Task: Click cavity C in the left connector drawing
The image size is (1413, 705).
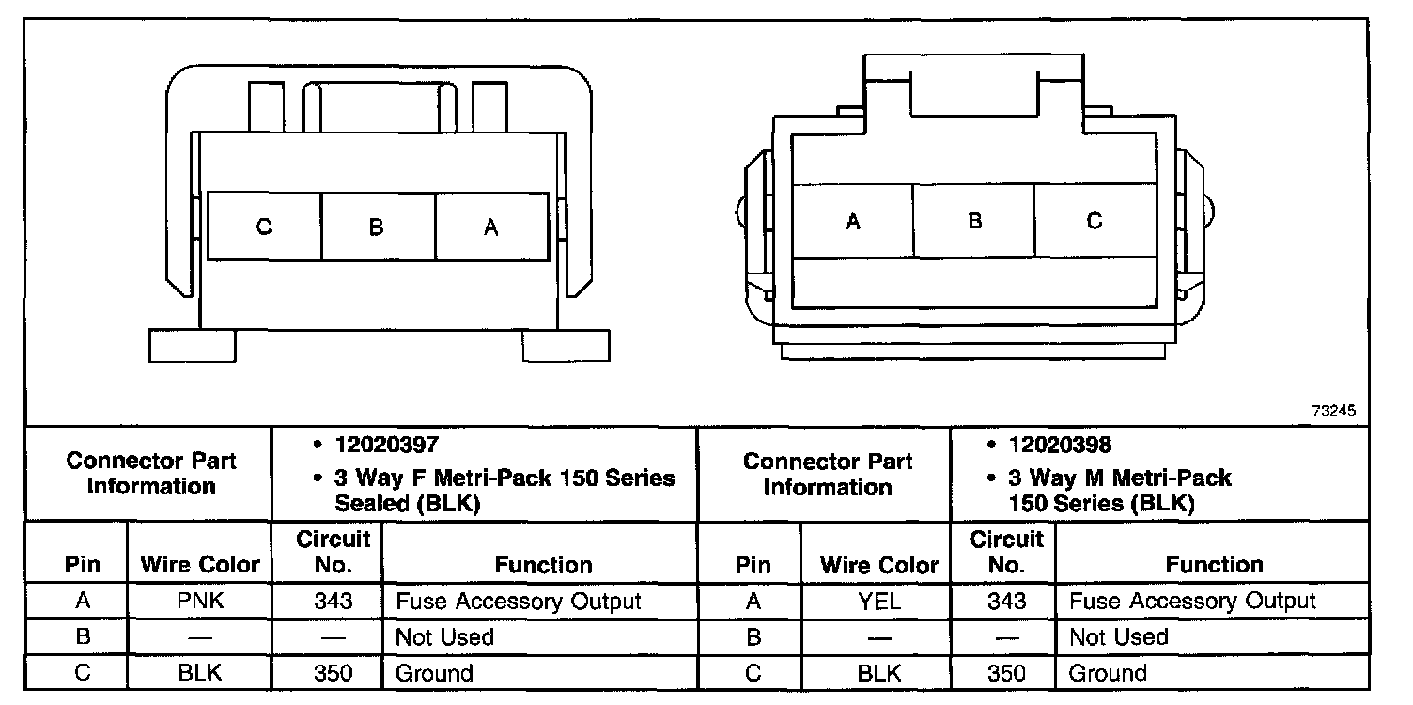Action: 264,227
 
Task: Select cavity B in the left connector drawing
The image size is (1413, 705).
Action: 377,227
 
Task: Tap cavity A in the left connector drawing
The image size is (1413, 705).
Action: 490,227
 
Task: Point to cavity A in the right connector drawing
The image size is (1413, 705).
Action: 853,222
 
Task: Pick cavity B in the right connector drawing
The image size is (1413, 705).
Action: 974,222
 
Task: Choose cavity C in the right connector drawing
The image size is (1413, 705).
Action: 1095,222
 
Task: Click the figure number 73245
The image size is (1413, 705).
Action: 1334,412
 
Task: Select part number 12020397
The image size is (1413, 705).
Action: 386,445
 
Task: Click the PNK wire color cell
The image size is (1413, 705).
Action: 199,601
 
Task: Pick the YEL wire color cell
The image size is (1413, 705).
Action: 878,601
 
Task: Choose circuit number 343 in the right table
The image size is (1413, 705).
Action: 1005,601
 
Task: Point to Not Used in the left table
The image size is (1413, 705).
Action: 444,637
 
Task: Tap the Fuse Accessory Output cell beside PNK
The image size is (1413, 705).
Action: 519,601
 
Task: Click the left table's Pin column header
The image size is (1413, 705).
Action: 83,565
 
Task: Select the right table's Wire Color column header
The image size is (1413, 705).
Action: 878,565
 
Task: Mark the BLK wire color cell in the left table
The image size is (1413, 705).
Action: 199,673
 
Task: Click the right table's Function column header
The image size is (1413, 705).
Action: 1214,565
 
